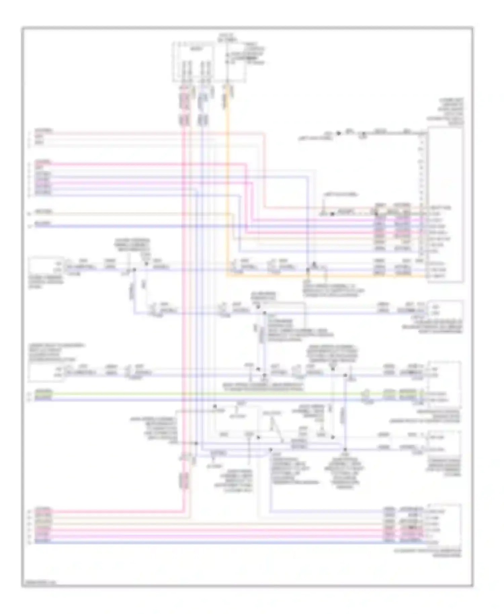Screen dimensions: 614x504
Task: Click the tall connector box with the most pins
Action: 445,205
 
